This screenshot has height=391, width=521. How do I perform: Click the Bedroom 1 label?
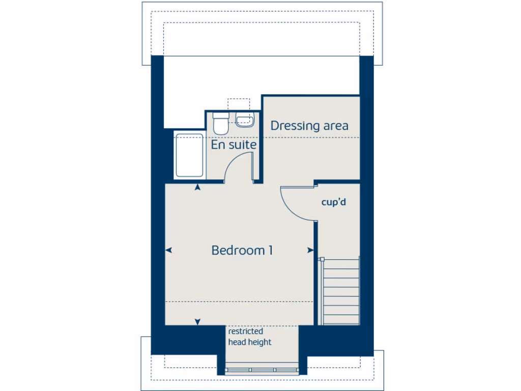(x=242, y=250)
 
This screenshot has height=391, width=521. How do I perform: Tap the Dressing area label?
(x=309, y=126)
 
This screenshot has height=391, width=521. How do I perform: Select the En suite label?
(x=234, y=145)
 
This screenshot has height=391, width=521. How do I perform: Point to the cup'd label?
(x=334, y=202)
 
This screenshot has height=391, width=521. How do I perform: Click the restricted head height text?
(x=249, y=337)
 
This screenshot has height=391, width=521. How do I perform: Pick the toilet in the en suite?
(x=220, y=123)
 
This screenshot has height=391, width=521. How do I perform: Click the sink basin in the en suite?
(x=245, y=120)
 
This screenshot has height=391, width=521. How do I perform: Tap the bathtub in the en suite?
(x=189, y=155)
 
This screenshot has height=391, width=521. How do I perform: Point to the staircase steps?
(x=341, y=291)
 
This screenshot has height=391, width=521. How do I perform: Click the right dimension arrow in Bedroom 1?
(x=310, y=250)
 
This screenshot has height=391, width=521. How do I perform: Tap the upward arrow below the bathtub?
(x=197, y=187)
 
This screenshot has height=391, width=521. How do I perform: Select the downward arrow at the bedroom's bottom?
(x=197, y=321)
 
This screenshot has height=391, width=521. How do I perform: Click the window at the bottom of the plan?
(x=262, y=370)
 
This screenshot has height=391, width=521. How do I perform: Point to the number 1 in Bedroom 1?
(x=270, y=250)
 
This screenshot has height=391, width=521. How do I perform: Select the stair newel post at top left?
(x=322, y=260)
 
